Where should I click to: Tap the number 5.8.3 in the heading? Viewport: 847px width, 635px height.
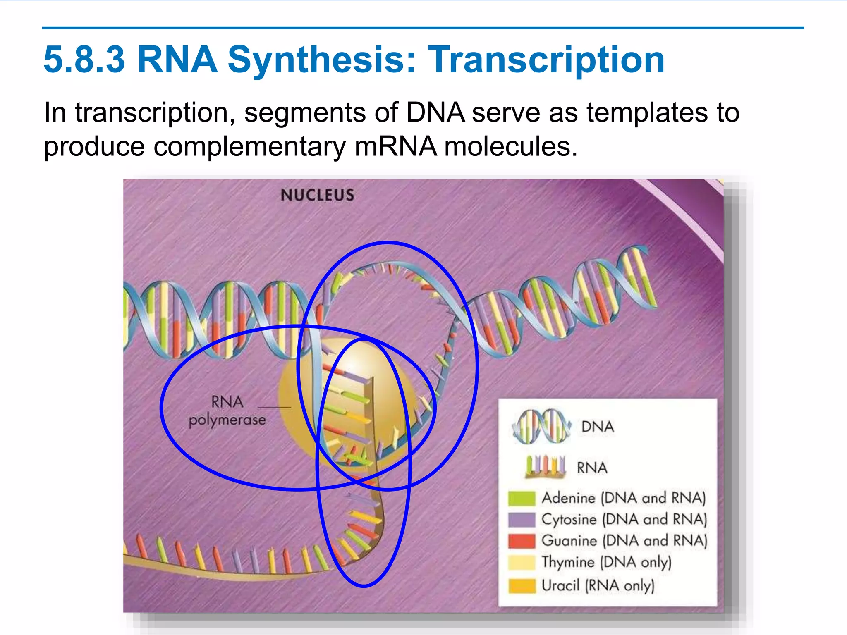[x=84, y=60]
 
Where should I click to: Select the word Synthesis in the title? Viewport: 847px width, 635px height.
[x=321, y=60]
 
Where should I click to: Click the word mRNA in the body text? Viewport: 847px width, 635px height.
[x=395, y=146]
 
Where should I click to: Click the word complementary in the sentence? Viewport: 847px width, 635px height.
[x=249, y=146]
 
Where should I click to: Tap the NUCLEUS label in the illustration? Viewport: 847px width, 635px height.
[x=317, y=195]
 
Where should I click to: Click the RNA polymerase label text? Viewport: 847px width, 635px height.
[x=227, y=411]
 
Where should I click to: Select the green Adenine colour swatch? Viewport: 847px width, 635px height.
[x=522, y=498]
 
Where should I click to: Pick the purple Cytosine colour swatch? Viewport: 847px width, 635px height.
[x=522, y=520]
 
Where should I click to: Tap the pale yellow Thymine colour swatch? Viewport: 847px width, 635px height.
[x=522, y=563]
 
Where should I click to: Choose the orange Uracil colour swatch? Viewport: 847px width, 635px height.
[x=522, y=586]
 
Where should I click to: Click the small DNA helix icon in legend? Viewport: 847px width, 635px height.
[x=541, y=426]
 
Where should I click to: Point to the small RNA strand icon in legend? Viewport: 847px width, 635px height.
[x=545, y=467]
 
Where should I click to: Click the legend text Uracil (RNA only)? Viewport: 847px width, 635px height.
[x=598, y=586]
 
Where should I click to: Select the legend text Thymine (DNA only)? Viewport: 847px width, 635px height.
[x=606, y=563]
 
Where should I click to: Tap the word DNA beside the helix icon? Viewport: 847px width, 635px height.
[x=598, y=427]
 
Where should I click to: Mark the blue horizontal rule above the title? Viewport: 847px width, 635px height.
[x=423, y=28]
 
